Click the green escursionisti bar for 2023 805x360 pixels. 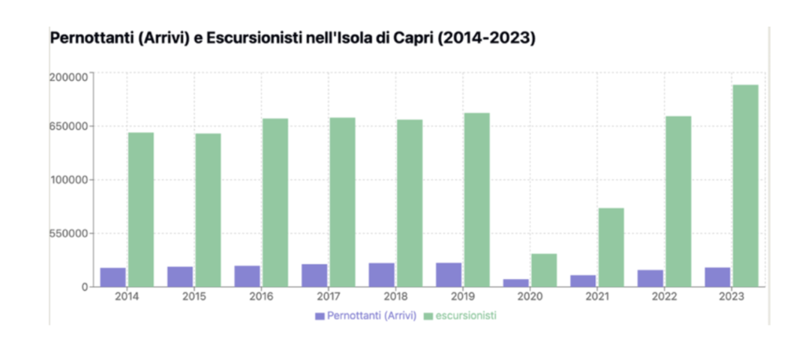[746, 186]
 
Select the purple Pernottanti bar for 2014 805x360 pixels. [112, 277]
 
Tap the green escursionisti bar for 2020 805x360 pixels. [544, 270]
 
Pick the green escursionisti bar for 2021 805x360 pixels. [611, 248]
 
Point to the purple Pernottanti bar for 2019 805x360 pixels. [449, 275]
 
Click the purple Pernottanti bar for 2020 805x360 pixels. [516, 283]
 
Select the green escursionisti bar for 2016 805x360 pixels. [275, 203]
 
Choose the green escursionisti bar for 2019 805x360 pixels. [476, 200]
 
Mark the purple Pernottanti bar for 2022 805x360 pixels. [650, 278]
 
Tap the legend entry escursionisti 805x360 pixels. [466, 316]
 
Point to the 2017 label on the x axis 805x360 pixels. [328, 297]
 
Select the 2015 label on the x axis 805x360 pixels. [193, 297]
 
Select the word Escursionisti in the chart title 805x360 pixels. [246, 38]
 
